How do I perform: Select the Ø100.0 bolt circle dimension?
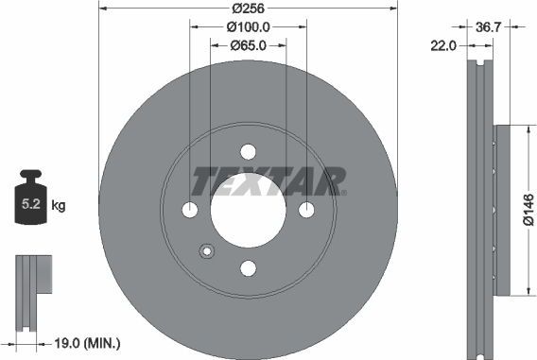tap(249, 27)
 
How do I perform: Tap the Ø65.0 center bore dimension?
tap(249, 44)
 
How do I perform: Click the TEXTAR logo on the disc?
tap(268, 179)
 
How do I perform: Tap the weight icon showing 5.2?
tap(31, 199)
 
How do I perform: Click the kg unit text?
tap(59, 204)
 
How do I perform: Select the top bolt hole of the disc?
tap(248, 152)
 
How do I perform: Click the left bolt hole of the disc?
tap(189, 210)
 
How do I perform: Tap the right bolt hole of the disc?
tap(307, 210)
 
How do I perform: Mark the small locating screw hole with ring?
tap(206, 251)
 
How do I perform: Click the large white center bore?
tap(248, 212)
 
